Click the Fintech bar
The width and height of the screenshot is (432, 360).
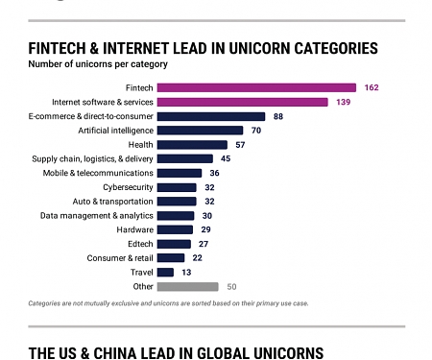coord(256,87)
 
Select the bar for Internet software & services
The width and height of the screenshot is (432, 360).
coord(242,102)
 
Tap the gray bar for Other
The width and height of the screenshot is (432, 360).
coord(188,286)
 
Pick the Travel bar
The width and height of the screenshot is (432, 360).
coord(165,272)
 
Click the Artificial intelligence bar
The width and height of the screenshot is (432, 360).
coord(200,130)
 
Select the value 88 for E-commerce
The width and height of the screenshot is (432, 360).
coord(278,116)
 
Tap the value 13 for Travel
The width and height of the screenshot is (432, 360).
coord(187,272)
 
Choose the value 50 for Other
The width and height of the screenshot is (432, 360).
coord(231,286)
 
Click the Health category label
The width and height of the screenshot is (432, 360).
coord(139,144)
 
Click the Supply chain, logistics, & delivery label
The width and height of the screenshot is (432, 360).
coord(92,158)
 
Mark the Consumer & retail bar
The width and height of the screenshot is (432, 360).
coord(171,257)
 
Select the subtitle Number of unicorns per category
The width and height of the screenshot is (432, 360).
coord(98,65)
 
